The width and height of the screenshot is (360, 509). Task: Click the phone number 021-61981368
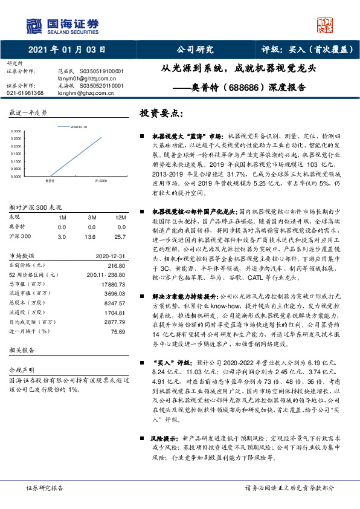[x=25, y=93]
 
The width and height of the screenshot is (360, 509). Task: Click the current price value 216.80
[x=116, y=265]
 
